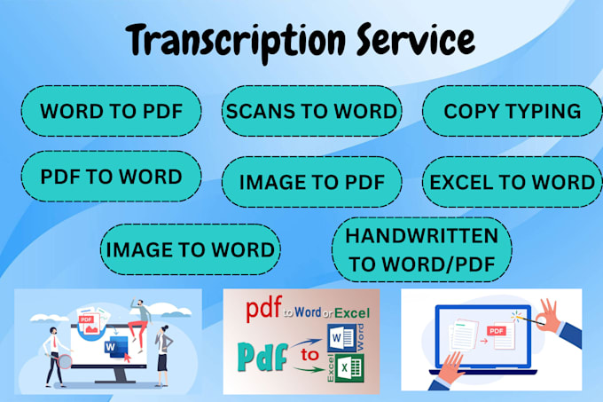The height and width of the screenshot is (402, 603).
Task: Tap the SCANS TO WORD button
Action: coord(311,111)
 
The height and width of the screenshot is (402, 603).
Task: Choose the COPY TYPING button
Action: coord(513,111)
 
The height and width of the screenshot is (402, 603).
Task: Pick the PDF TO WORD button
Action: coord(111,176)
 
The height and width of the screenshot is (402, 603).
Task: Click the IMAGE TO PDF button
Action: coord(311,182)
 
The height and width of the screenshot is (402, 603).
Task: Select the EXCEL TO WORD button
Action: coord(513,182)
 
